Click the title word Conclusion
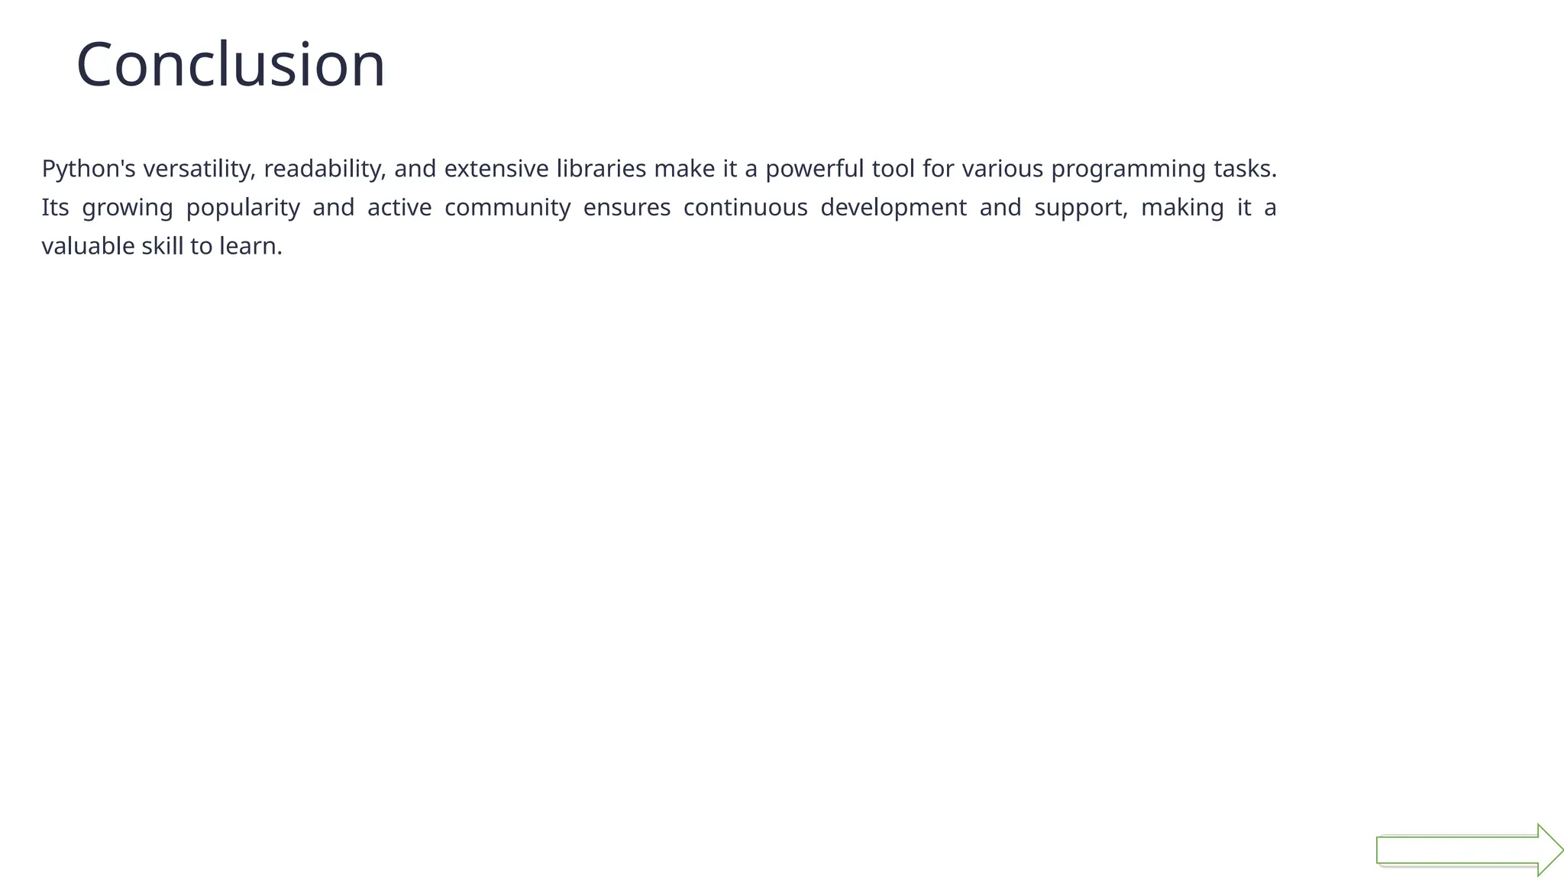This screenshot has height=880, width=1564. (x=231, y=65)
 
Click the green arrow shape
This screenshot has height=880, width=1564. (x=1459, y=850)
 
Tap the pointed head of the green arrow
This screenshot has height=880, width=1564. (x=1550, y=849)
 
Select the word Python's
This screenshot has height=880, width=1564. (x=89, y=169)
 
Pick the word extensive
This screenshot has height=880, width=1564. (x=496, y=169)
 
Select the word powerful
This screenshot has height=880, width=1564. (x=815, y=169)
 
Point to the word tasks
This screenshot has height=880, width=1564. (x=1245, y=169)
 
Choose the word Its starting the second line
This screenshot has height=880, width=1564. (x=55, y=208)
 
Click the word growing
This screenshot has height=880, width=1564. (x=128, y=208)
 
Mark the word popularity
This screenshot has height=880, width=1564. (x=243, y=208)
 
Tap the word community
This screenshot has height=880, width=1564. (x=508, y=208)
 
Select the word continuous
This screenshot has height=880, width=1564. (x=745, y=208)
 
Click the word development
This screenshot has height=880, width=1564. (x=893, y=208)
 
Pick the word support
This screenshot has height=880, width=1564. (x=1081, y=208)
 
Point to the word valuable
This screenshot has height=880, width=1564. (x=88, y=246)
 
